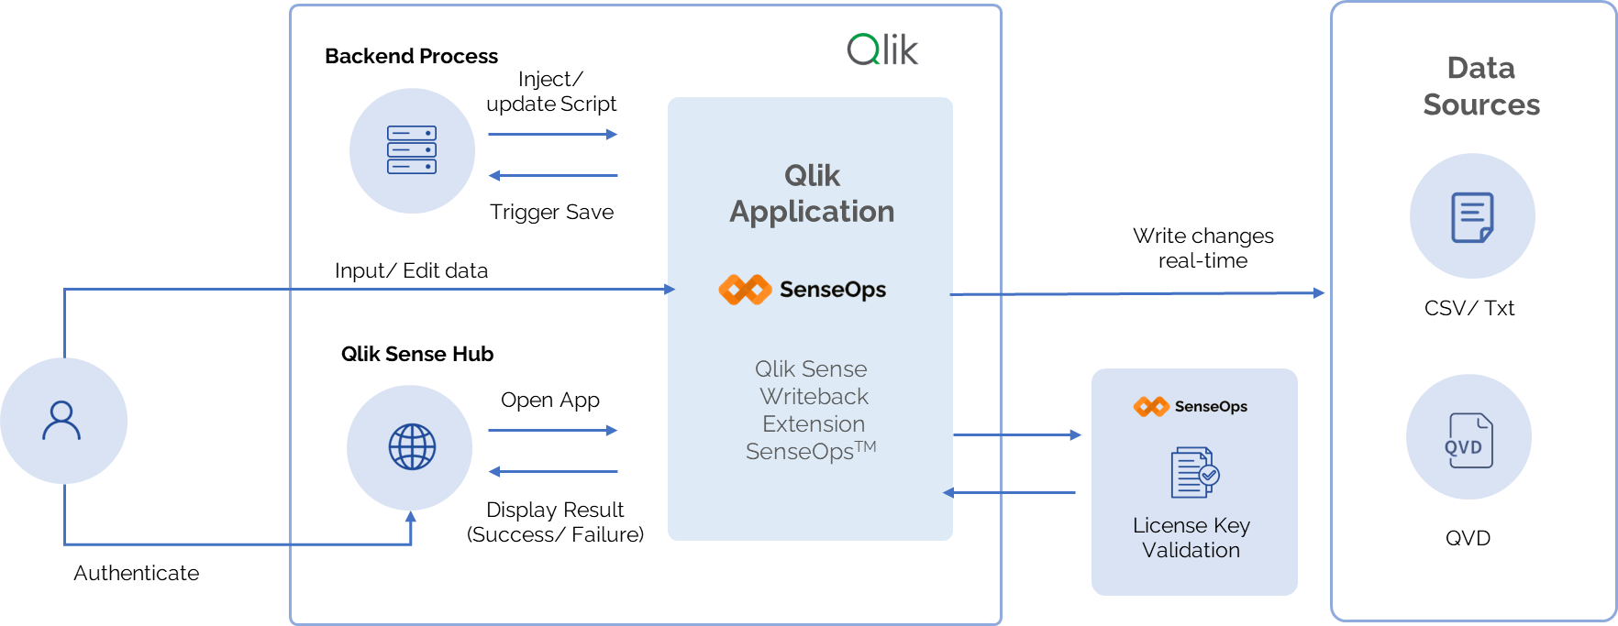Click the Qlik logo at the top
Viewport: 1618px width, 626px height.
881,49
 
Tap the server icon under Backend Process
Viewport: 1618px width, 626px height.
412,150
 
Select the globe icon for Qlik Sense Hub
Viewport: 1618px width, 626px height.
412,446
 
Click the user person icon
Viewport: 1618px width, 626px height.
61,421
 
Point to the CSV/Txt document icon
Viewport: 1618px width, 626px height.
1472,217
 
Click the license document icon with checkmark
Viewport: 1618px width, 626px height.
1194,472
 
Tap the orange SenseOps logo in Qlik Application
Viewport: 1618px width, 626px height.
745,290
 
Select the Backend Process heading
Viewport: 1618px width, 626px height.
411,56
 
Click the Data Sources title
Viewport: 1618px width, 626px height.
1481,86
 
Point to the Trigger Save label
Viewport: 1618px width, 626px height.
551,212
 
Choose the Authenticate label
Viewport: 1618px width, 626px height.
136,573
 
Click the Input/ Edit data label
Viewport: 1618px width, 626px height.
411,270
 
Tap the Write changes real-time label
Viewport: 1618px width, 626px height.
1203,248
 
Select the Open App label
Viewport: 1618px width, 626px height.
550,400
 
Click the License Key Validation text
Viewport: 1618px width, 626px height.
1191,538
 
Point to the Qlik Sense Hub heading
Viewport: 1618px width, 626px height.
417,354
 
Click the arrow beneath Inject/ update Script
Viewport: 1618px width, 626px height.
553,135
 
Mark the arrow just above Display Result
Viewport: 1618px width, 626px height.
553,472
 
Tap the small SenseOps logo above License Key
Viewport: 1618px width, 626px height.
1151,406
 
